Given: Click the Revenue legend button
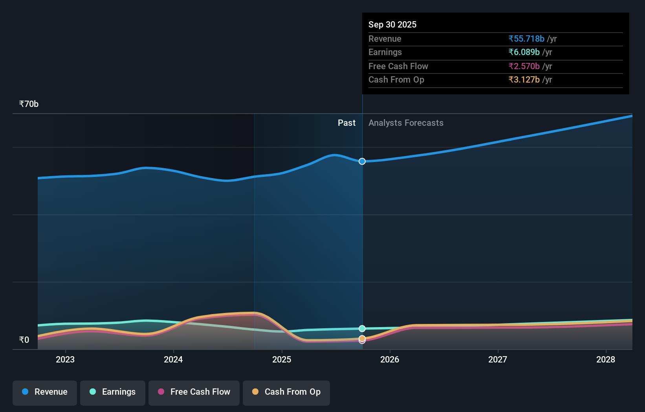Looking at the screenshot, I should pos(45,392).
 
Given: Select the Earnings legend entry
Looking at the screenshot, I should pos(113,392).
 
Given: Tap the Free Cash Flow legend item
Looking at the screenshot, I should pos(194,392).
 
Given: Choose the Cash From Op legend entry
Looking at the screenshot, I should pos(286,392).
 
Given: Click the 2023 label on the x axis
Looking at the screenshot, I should pos(65,360).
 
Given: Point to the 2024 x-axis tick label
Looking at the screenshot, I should pos(173,360).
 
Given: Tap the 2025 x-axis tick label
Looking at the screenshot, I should pos(282,360).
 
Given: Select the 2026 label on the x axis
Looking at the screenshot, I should pos(390,360).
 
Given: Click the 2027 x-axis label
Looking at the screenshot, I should pos(498,360).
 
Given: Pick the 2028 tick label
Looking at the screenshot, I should pos(606,360).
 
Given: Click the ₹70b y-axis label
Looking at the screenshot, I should pos(29,104).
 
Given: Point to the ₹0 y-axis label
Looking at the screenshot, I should pos(24,340).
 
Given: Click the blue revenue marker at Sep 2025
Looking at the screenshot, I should pos(362,162).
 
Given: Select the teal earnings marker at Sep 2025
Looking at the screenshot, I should pos(362,329).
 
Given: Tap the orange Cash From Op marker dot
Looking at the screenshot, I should pos(362,338).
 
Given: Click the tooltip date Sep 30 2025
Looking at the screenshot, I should pos(392,25).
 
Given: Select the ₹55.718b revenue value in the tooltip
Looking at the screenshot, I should pos(526,39).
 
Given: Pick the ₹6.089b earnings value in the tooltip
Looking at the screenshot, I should pos(524,52).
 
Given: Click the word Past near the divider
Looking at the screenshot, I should pos(346,123).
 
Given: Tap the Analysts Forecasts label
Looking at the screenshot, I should pos(406,123).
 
